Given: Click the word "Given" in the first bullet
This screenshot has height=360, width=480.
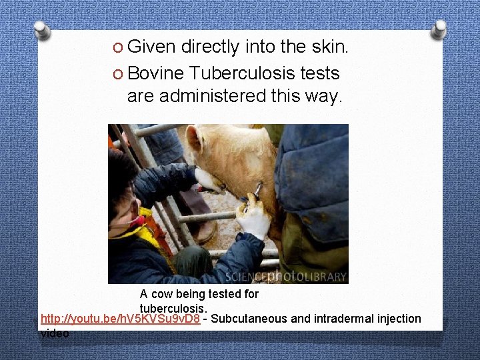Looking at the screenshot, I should click(x=151, y=47).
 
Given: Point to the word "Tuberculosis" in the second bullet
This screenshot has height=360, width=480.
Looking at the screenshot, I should click(x=243, y=73).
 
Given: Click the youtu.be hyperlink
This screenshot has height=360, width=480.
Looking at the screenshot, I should click(x=120, y=319).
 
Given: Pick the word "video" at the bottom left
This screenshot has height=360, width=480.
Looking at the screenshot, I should click(x=55, y=333).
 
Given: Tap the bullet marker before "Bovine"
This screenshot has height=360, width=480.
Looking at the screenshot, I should click(x=117, y=73).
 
